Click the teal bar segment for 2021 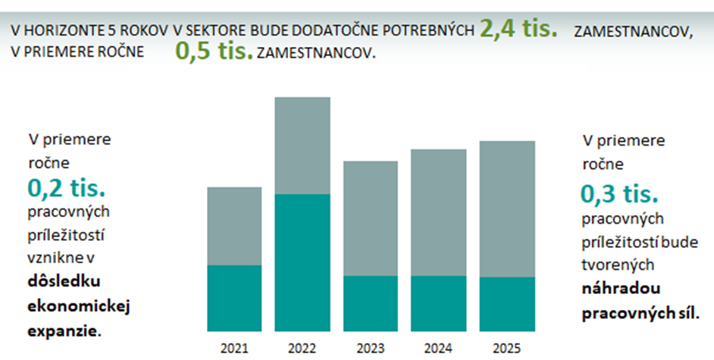[234, 298]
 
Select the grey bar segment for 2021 [234, 226]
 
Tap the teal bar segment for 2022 [302, 262]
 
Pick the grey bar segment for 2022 [302, 146]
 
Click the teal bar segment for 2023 [371, 303]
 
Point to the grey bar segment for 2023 [371, 218]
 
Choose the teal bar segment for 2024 [439, 303]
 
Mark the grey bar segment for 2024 [439, 212]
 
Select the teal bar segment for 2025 [507, 304]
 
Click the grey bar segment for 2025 [507, 208]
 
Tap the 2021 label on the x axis [234, 349]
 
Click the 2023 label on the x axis [371, 349]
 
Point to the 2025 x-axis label [507, 349]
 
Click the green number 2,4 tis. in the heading [518, 29]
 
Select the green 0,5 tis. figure [214, 52]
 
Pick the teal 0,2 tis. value [65, 186]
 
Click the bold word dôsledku [64, 281]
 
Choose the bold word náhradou [620, 288]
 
